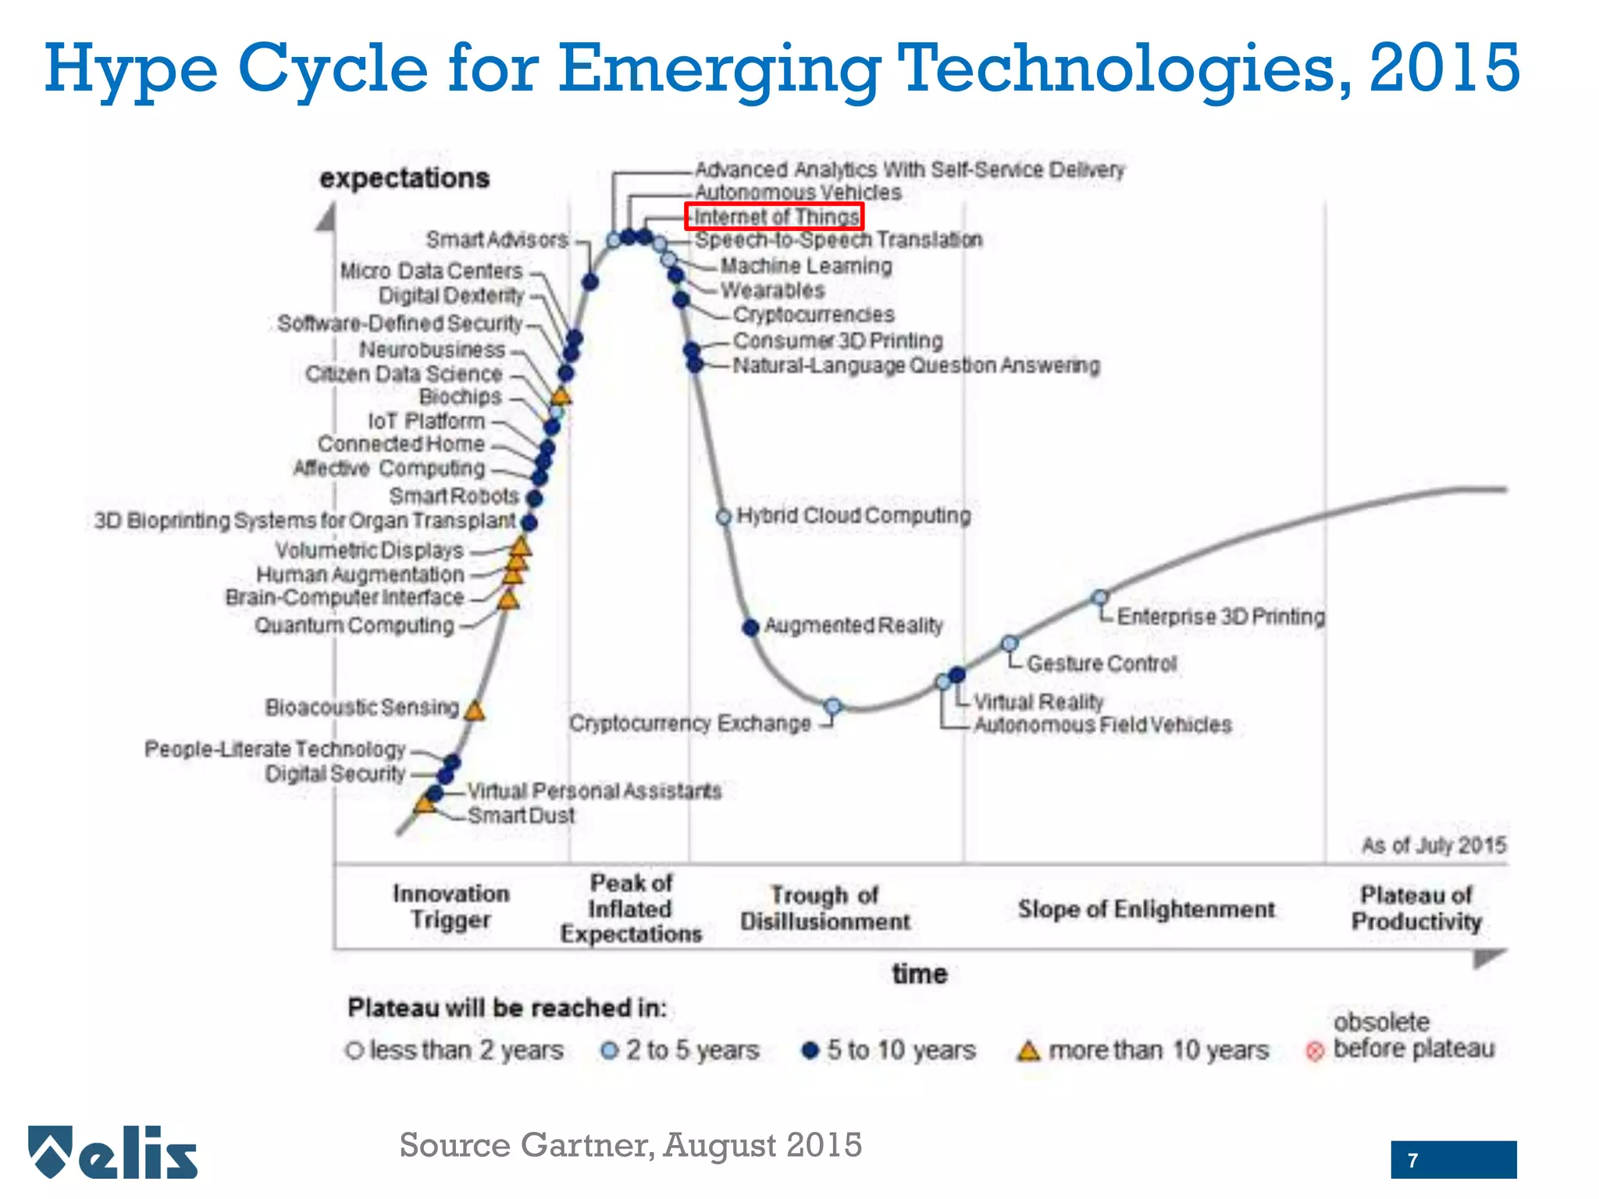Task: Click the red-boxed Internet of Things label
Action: [x=774, y=216]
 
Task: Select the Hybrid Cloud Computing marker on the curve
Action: [x=724, y=517]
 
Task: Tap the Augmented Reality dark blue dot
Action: [x=750, y=627]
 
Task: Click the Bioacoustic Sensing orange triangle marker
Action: [x=474, y=711]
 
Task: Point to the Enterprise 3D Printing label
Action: [x=1221, y=617]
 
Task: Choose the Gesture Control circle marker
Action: [x=1010, y=644]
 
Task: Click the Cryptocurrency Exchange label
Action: [x=690, y=724]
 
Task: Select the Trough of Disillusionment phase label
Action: [x=825, y=909]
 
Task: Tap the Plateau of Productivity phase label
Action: [x=1416, y=909]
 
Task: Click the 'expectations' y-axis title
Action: [x=404, y=178]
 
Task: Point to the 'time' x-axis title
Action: [x=920, y=973]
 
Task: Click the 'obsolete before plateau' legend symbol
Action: [x=1315, y=1051]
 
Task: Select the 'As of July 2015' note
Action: [x=1433, y=845]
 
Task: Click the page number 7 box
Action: [x=1453, y=1160]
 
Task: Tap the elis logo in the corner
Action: [x=113, y=1153]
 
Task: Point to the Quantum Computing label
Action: [x=354, y=626]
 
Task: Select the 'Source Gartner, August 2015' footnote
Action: [x=630, y=1145]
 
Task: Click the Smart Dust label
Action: [x=521, y=816]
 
